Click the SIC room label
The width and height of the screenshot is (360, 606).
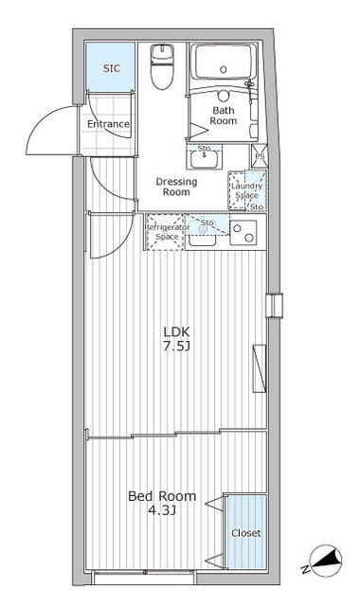tap(112, 68)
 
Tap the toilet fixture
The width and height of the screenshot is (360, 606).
tap(162, 66)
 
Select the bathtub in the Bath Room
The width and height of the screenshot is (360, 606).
tap(224, 62)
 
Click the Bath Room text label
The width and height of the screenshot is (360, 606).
tap(224, 116)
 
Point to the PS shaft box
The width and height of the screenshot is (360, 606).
tap(259, 156)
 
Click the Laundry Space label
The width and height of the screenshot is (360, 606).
tap(246, 190)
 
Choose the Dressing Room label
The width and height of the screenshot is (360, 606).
tap(176, 187)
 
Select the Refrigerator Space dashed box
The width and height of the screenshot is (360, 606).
tap(165, 232)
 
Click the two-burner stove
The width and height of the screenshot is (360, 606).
tap(243, 232)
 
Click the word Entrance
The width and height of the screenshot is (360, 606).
tap(108, 124)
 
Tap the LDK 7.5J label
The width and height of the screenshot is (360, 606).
tap(176, 339)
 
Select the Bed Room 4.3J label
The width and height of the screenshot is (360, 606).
tap(162, 503)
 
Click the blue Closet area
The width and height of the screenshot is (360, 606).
tap(246, 532)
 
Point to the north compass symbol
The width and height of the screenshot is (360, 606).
tap(326, 560)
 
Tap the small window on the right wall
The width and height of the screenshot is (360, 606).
tap(274, 305)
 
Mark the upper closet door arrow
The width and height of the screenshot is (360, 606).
tap(214, 504)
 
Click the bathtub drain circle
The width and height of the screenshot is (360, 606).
tap(224, 69)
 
